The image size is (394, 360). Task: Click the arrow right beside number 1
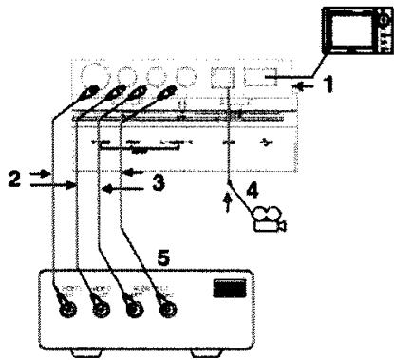304,85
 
